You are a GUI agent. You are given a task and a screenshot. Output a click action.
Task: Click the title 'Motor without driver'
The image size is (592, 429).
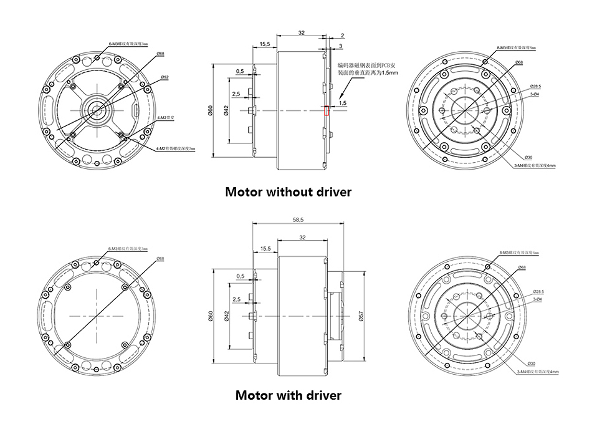tap(288, 192)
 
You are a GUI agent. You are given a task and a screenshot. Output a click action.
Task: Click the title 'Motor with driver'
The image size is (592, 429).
tap(289, 395)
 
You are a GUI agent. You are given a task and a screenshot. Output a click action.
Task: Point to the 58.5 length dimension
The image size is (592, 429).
tap(297, 219)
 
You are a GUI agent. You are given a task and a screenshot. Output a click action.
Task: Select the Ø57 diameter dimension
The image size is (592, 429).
tap(361, 318)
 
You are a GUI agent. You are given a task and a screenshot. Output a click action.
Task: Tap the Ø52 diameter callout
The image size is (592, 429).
tap(165, 77)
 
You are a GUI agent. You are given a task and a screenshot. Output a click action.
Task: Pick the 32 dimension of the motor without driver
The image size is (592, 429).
tap(301, 32)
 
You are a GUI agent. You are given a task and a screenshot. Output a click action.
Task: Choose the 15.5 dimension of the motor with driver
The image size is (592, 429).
tap(265, 248)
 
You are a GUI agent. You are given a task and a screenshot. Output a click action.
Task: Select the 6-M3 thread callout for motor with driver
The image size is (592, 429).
tap(127, 248)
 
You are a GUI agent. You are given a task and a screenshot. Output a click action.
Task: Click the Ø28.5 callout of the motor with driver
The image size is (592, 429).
tap(539, 292)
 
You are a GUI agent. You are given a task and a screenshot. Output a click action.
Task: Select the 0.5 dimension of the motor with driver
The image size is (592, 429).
tap(241, 276)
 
